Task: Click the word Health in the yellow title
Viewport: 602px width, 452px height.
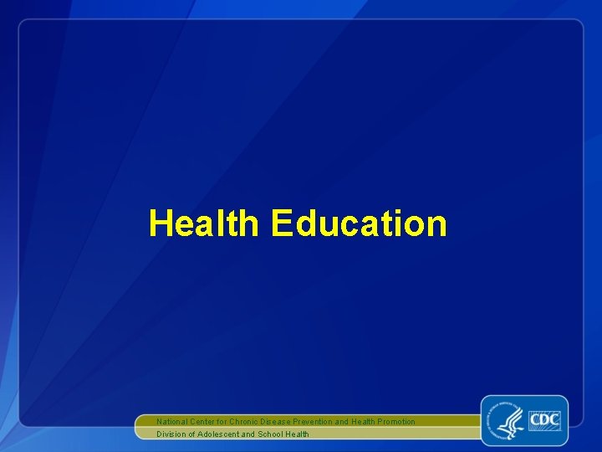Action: coord(204,223)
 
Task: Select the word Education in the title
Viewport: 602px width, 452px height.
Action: coord(359,223)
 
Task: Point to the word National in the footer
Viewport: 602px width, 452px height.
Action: coord(172,421)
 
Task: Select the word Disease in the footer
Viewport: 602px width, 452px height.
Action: coord(278,421)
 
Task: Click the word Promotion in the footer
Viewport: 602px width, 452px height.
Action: coord(395,421)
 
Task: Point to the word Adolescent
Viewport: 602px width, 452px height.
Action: coord(218,434)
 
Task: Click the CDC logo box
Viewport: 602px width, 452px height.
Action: coord(543,419)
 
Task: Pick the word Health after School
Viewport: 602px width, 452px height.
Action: coord(298,434)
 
